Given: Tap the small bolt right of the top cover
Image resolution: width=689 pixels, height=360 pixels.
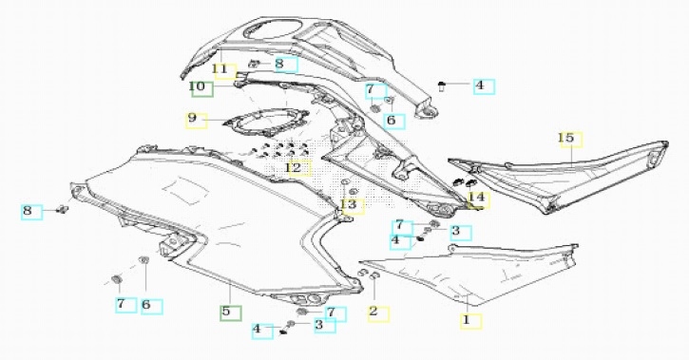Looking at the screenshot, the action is tap(442, 86).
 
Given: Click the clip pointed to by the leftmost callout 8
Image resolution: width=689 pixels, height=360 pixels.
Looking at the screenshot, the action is tap(63, 210).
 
